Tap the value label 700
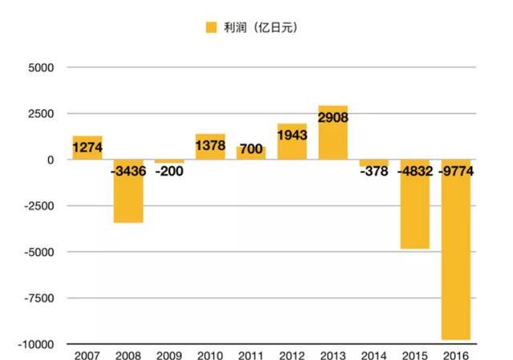(x=251, y=148)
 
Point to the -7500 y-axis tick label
(x=38, y=298)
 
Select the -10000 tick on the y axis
(x=36, y=344)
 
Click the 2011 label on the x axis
(x=251, y=354)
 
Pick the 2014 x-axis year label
(x=374, y=354)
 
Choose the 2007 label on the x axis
(x=87, y=354)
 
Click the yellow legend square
(x=212, y=27)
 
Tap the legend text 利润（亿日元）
(x=262, y=27)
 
